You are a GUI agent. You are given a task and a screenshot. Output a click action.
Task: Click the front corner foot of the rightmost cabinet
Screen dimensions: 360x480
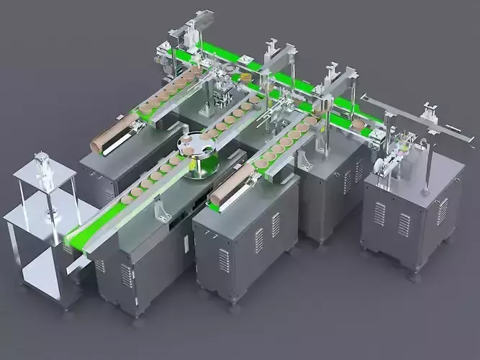[415, 272]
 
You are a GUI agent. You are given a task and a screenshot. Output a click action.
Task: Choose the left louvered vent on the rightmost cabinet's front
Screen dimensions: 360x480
[379, 213]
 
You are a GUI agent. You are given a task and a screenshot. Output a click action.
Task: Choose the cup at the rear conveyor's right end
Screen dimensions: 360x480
[358, 124]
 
